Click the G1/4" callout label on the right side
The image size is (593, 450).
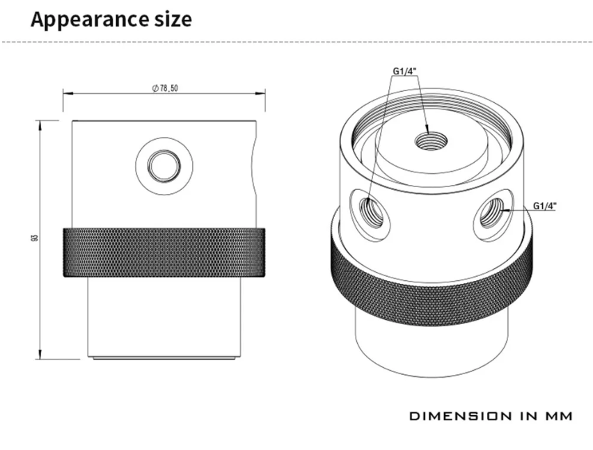(545, 205)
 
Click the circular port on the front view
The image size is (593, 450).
(164, 166)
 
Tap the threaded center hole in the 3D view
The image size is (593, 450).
(426, 142)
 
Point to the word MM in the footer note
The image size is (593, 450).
(558, 416)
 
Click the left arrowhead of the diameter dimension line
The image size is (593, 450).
(66, 93)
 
